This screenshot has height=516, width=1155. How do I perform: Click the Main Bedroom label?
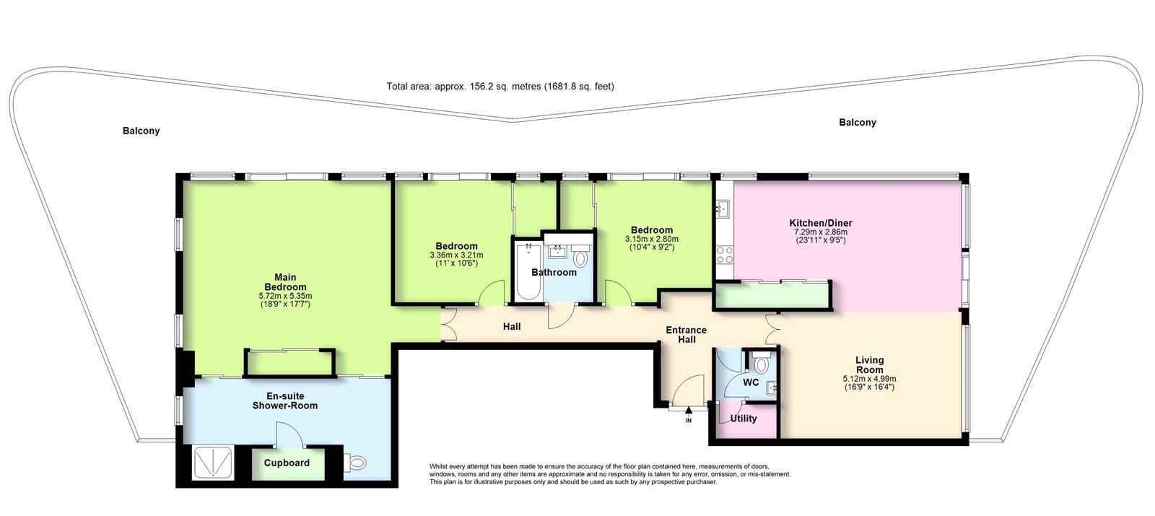click(x=285, y=282)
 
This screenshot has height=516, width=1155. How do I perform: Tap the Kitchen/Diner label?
click(x=821, y=223)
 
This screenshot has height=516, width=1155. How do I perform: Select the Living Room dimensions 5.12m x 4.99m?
click(x=870, y=378)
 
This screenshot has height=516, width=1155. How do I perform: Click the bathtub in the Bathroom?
click(x=528, y=271)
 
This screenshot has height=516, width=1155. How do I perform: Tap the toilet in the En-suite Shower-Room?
click(x=355, y=462)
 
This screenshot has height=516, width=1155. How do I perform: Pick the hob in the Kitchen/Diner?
click(x=725, y=255)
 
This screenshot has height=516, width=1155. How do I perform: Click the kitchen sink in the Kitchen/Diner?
click(x=723, y=209)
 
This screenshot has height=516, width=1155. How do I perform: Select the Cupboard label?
click(x=287, y=463)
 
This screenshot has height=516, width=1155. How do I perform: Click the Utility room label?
click(x=744, y=419)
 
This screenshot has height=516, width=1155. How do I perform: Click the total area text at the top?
click(x=500, y=87)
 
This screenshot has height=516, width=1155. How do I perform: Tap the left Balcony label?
click(x=141, y=131)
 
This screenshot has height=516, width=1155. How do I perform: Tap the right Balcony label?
click(x=858, y=123)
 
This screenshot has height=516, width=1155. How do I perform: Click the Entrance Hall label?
click(x=687, y=335)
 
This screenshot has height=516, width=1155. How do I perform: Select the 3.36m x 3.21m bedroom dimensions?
click(x=456, y=255)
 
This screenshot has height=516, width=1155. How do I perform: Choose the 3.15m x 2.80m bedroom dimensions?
click(x=652, y=239)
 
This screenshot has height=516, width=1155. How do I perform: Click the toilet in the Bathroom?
click(x=580, y=257)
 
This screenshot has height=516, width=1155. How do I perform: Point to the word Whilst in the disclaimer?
click(x=439, y=466)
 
